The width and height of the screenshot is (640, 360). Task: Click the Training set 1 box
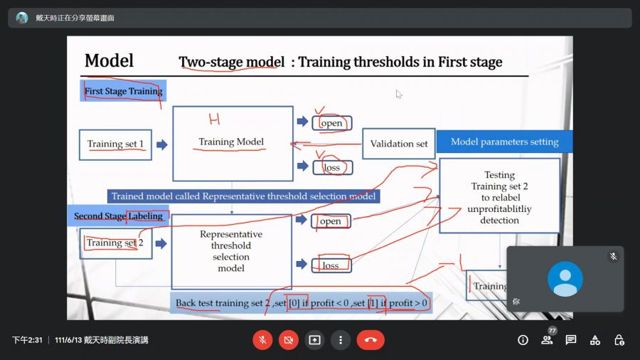point(115,144)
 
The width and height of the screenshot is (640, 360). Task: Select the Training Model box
point(232,143)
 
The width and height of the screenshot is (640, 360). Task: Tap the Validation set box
point(399,144)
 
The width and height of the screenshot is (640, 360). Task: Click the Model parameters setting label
point(504,142)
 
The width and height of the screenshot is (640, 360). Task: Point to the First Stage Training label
point(123,91)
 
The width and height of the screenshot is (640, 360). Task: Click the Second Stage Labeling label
point(118,216)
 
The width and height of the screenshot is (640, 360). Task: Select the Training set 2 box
point(114,243)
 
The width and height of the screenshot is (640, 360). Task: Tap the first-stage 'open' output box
point(331,123)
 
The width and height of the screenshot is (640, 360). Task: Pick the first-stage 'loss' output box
point(331,168)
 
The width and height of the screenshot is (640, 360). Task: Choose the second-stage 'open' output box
point(331,221)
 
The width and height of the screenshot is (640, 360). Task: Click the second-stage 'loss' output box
point(331,265)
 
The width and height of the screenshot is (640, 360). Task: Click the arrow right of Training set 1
point(162,144)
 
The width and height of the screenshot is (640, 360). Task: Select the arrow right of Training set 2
point(161,243)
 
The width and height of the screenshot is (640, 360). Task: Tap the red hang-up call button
point(370,340)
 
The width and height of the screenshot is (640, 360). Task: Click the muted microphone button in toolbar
point(262,340)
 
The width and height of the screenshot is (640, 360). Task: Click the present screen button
point(315,340)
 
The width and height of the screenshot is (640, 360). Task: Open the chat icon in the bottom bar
point(571,340)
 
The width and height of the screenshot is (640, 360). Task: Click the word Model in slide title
point(109,60)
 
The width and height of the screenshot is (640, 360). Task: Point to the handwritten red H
point(213,119)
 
